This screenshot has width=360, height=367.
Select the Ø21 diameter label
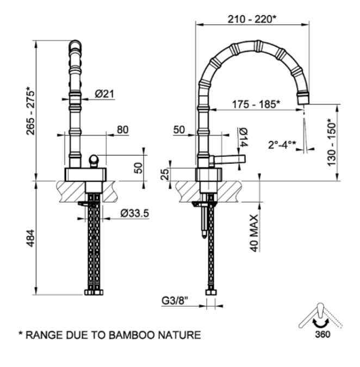pyautogui.click(x=104, y=94)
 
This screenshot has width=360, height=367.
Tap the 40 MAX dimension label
pyautogui.click(x=254, y=231)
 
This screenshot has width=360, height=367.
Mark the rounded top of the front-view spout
pyautogui.click(x=76, y=43)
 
